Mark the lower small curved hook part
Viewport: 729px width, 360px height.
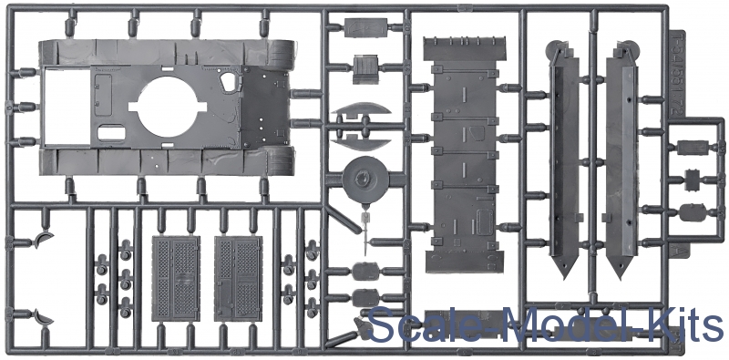click(x=44, y=318)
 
